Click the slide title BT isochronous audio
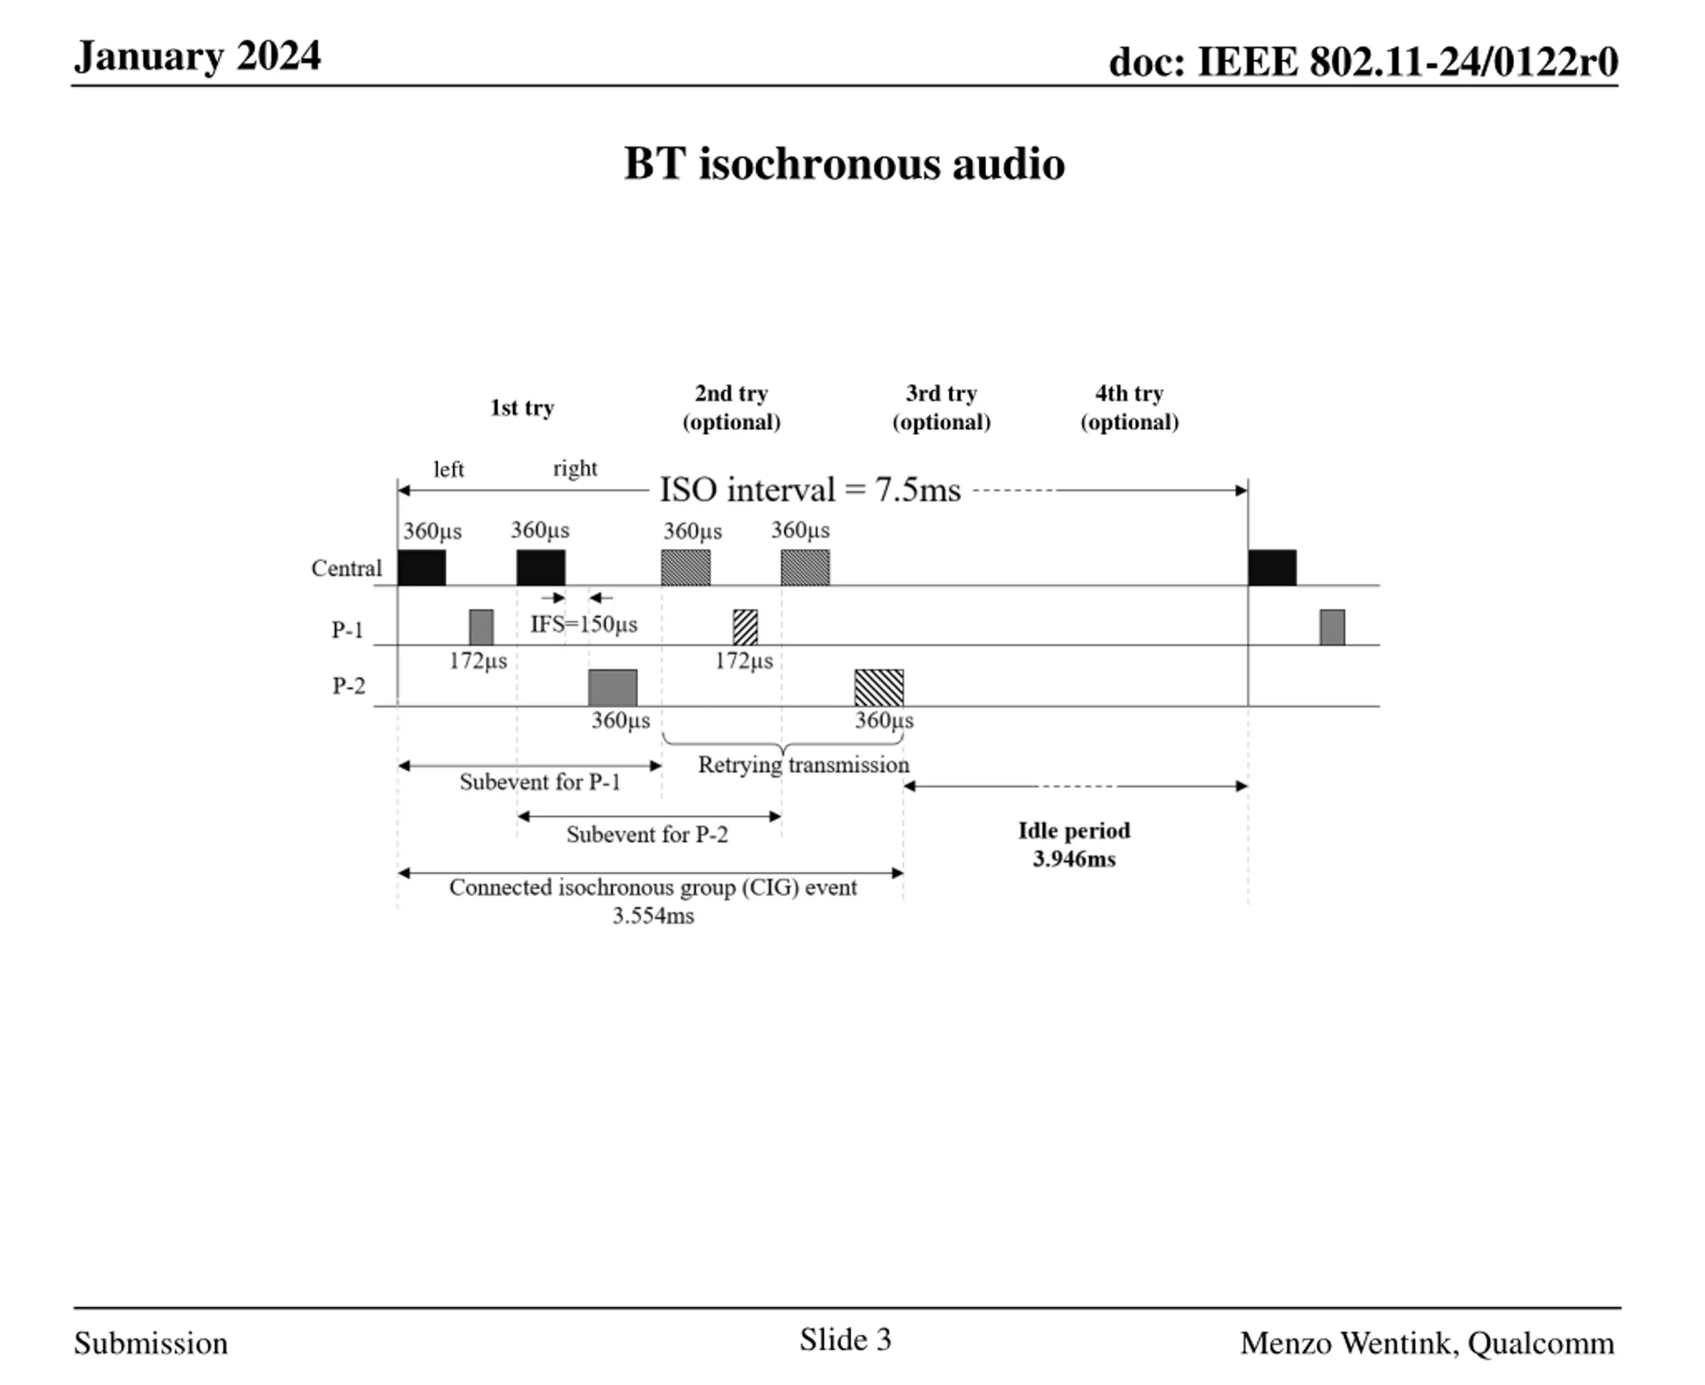pyautogui.click(x=844, y=164)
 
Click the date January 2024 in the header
pyautogui.click(x=197, y=57)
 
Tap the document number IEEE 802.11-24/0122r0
pyautogui.click(x=1363, y=61)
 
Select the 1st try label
pyautogui.click(x=521, y=408)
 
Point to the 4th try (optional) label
pyautogui.click(x=1129, y=408)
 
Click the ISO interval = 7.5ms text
pyautogui.click(x=810, y=490)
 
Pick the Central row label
pyautogui.click(x=346, y=568)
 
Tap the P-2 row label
pyautogui.click(x=349, y=686)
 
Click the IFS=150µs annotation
pyautogui.click(x=584, y=624)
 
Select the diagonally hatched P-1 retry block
pyautogui.click(x=745, y=627)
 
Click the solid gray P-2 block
pyautogui.click(x=613, y=688)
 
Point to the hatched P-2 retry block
pyautogui.click(x=878, y=688)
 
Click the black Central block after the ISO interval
pyautogui.click(x=1272, y=567)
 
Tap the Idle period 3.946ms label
pyautogui.click(x=1074, y=845)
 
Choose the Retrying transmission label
pyautogui.click(x=803, y=765)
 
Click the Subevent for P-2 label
pyautogui.click(x=647, y=834)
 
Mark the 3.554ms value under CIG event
pyautogui.click(x=653, y=916)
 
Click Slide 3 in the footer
pyautogui.click(x=845, y=1340)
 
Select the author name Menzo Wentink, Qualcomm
pyautogui.click(x=1427, y=1344)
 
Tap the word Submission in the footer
pyautogui.click(x=151, y=1344)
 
